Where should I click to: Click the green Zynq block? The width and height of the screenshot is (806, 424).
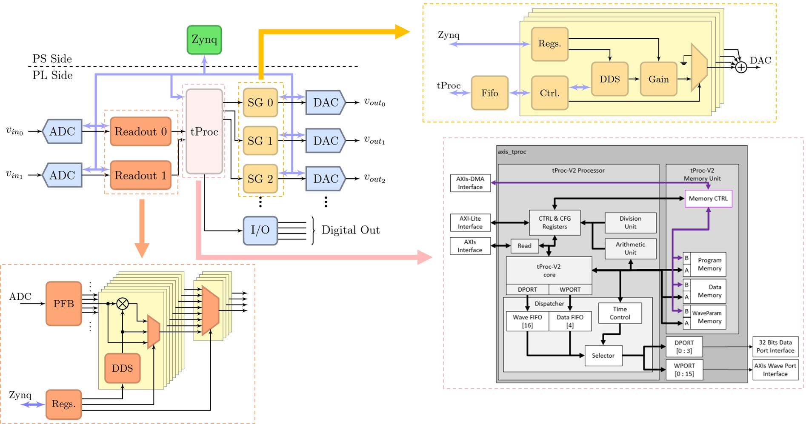204,40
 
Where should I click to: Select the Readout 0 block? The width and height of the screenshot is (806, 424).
140,131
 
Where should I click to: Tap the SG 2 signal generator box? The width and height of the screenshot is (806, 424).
260,179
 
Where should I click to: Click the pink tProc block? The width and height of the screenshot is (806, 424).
204,131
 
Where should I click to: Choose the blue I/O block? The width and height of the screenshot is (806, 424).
260,230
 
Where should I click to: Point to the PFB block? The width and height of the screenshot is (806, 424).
63,304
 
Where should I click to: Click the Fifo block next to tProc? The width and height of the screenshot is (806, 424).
489,93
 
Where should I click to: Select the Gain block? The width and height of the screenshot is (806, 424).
658,79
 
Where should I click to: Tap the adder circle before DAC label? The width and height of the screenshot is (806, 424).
741,67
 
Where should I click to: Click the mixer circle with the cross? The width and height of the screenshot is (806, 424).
123,304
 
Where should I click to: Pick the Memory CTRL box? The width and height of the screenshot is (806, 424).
708,199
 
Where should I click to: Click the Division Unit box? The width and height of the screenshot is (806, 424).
630,222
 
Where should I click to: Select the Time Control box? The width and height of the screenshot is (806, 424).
620,313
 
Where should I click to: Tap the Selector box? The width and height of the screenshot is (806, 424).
603,356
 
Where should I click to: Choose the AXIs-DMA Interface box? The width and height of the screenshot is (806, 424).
470,183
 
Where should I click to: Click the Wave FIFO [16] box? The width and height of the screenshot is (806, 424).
527,321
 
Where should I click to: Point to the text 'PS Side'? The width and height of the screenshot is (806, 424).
52,59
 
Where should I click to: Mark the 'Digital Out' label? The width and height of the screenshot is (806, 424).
350,230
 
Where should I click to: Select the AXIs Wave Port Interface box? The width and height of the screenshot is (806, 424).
775,370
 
